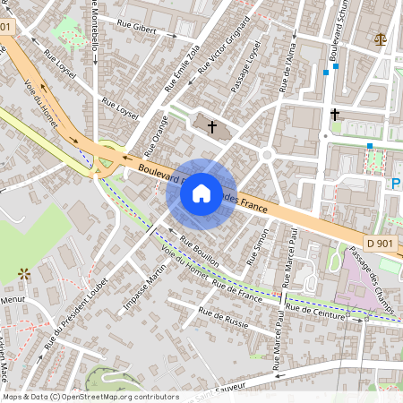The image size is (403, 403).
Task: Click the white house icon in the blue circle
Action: pos(201,193)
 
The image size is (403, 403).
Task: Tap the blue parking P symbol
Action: pos(396,184)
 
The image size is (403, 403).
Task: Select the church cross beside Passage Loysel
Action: pos(212,127)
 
